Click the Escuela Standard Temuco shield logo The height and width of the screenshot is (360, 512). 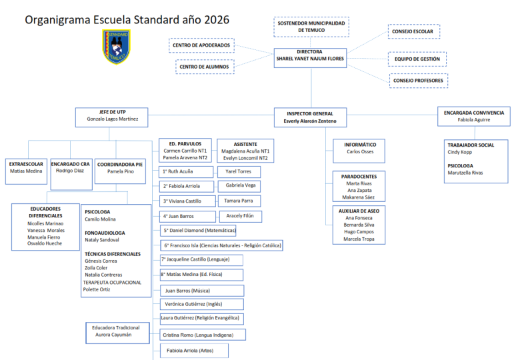116,47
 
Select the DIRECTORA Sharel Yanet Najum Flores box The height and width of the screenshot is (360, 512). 310,58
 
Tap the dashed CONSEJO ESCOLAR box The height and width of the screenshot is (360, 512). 414,31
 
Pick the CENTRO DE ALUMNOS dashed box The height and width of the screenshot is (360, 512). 205,67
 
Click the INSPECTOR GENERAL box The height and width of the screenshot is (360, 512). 310,117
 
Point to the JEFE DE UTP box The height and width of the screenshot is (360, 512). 112,117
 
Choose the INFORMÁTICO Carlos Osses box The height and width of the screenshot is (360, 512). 359,151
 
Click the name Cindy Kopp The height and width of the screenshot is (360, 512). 460,152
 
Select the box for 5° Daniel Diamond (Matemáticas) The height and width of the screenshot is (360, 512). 198,231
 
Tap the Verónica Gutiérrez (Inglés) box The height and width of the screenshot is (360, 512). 202,304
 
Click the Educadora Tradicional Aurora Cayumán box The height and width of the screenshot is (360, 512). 117,333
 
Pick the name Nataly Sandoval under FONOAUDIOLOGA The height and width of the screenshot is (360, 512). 102,240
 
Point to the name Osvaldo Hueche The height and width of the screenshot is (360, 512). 45,243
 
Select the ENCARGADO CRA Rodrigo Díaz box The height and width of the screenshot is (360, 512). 71,175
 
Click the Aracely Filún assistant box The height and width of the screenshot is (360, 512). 240,216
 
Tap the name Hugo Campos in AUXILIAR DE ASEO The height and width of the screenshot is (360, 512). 359,231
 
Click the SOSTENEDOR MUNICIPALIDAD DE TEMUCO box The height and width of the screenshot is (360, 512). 311,27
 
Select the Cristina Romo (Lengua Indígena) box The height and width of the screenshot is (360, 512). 203,335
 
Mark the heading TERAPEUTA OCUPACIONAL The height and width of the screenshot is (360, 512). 112,282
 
